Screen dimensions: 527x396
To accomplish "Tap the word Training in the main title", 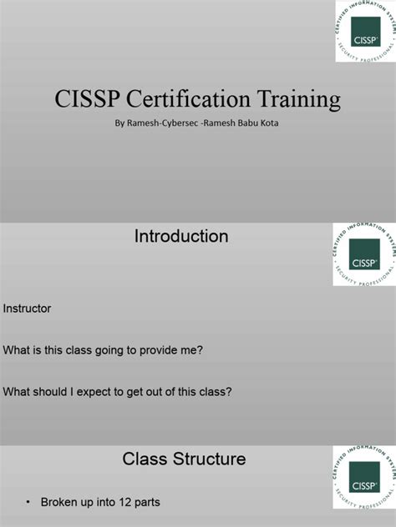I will (x=298, y=100).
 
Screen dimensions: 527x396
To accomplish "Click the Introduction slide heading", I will (x=181, y=237).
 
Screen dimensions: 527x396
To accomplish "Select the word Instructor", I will (x=28, y=309).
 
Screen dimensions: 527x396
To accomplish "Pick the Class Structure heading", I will (x=184, y=459).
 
